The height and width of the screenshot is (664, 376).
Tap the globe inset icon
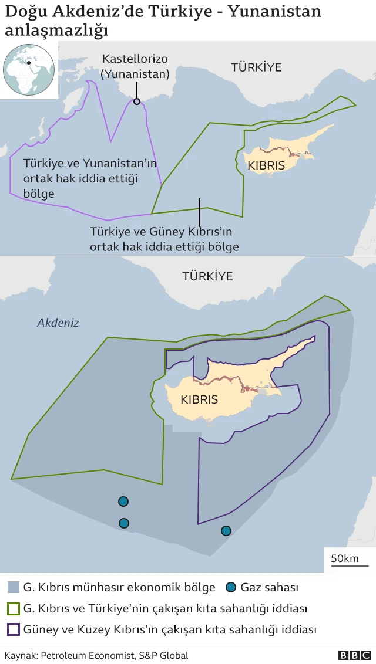(29, 70)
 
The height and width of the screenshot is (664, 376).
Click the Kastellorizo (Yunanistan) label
(135, 66)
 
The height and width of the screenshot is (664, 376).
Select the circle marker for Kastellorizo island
(137, 101)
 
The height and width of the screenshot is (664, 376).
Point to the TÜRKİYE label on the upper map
(256, 67)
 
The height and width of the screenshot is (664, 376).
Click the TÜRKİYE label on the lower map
(207, 276)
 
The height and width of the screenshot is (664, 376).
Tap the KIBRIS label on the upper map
(266, 166)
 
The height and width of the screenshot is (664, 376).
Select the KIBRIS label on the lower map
(199, 400)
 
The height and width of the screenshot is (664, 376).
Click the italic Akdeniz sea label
(58, 323)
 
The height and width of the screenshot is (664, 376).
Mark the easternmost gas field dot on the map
(226, 531)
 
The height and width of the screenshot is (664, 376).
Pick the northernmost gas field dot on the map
(123, 502)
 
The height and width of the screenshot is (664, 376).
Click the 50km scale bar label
(345, 558)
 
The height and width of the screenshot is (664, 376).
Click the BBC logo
(354, 655)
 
